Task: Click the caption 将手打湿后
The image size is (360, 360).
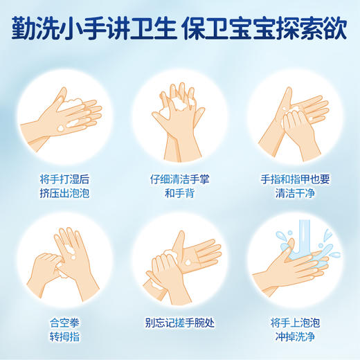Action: coord(60,179)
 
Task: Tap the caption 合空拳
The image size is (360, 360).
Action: coord(60,321)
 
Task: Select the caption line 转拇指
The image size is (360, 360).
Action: coord(60,337)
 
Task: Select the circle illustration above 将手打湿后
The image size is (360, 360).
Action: coord(60,112)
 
